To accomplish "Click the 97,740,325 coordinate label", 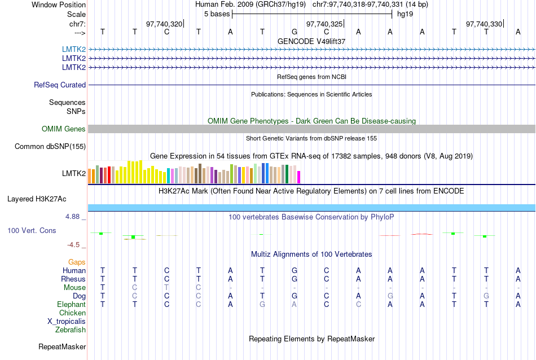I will point(324,24).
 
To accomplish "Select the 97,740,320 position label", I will point(164,24).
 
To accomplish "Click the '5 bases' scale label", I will point(216,14).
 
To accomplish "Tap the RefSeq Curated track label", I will point(60,85).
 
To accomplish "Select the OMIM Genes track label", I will point(64,129).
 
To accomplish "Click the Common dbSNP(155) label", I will point(50,147).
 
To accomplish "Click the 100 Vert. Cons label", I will point(32,231).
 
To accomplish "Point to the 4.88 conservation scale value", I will point(74,217).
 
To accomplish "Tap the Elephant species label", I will point(71,305).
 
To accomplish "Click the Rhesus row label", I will point(73,279).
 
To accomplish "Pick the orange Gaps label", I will point(77,262).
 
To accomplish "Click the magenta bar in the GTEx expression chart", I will point(299,177).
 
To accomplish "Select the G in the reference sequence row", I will point(295,32).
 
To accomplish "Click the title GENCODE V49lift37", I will point(311,42).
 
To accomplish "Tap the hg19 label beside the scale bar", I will point(405,14).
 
